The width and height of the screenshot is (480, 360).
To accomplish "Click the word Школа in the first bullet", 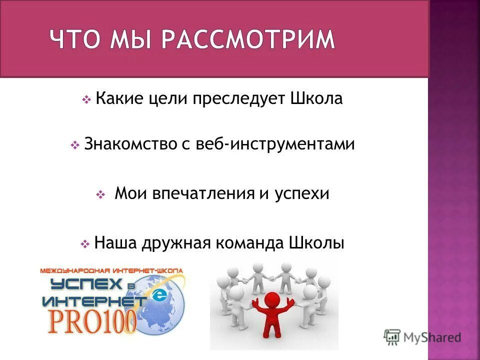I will (316, 98).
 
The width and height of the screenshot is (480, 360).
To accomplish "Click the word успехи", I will (301, 193).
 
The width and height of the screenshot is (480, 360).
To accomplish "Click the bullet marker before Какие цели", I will (85, 100).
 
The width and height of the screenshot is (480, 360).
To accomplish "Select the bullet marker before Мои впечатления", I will (99, 195).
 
